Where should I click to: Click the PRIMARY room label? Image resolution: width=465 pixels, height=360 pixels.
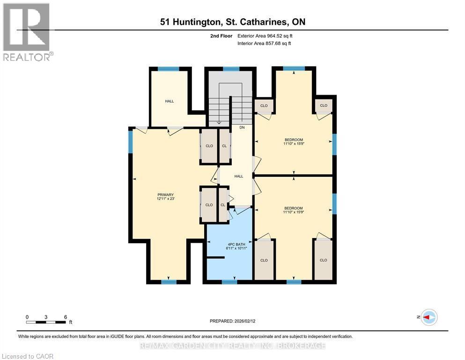[x=165, y=195]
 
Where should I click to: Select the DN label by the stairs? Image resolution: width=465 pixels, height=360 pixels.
[x=242, y=127]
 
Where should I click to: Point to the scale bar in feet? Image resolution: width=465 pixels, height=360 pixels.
[x=46, y=322]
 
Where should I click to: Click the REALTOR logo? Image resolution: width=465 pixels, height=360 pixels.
[x=27, y=32]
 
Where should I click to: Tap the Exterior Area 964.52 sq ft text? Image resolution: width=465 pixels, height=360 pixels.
[x=266, y=36]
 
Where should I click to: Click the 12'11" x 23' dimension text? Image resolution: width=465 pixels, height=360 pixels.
[x=165, y=199]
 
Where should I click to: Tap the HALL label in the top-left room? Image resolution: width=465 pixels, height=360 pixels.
[x=169, y=101]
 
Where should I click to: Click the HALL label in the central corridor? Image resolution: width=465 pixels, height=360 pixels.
[x=239, y=176]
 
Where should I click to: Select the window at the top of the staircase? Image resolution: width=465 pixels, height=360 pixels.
[x=231, y=69]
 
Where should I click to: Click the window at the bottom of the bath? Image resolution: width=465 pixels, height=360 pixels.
[x=229, y=282]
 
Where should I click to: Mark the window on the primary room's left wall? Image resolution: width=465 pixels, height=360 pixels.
[x=131, y=141]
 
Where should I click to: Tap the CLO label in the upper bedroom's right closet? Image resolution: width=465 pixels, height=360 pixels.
[x=323, y=105]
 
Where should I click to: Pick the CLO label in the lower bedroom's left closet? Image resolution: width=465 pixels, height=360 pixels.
[x=264, y=260]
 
